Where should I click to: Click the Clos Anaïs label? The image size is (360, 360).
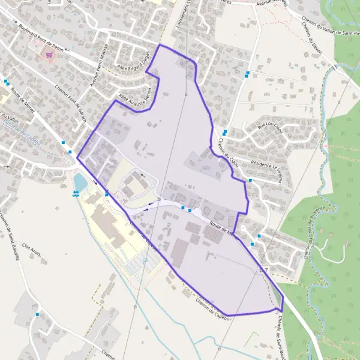coord(31,250)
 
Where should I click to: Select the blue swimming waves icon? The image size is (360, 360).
coord(75,193)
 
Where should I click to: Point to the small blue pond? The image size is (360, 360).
coord(80,180)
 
